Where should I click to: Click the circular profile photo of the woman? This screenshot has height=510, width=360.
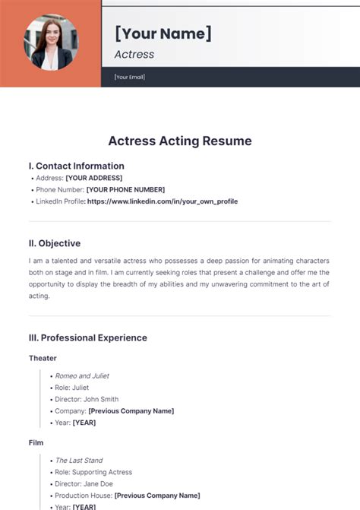(50, 43)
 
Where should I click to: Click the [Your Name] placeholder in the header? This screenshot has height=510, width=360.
(163, 33)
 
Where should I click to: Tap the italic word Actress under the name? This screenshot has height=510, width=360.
(134, 54)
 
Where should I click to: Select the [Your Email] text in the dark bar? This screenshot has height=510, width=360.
(129, 77)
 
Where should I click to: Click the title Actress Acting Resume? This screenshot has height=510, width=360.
(180, 141)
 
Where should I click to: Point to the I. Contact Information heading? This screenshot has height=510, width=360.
(76, 166)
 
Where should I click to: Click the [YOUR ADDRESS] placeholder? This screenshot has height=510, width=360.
(93, 178)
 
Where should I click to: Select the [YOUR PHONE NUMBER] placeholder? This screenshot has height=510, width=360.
(125, 189)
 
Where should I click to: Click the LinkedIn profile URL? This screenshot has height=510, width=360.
(163, 201)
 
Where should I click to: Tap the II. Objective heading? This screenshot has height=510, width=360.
(54, 243)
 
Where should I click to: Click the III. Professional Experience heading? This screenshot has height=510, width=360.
(87, 337)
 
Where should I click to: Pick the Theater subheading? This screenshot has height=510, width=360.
(43, 358)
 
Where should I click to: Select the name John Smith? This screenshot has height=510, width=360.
(100, 399)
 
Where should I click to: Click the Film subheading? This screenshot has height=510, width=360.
(36, 442)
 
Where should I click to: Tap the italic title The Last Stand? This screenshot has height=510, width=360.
(79, 461)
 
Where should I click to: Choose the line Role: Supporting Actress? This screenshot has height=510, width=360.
(93, 472)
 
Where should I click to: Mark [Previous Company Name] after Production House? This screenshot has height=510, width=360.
(156, 496)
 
